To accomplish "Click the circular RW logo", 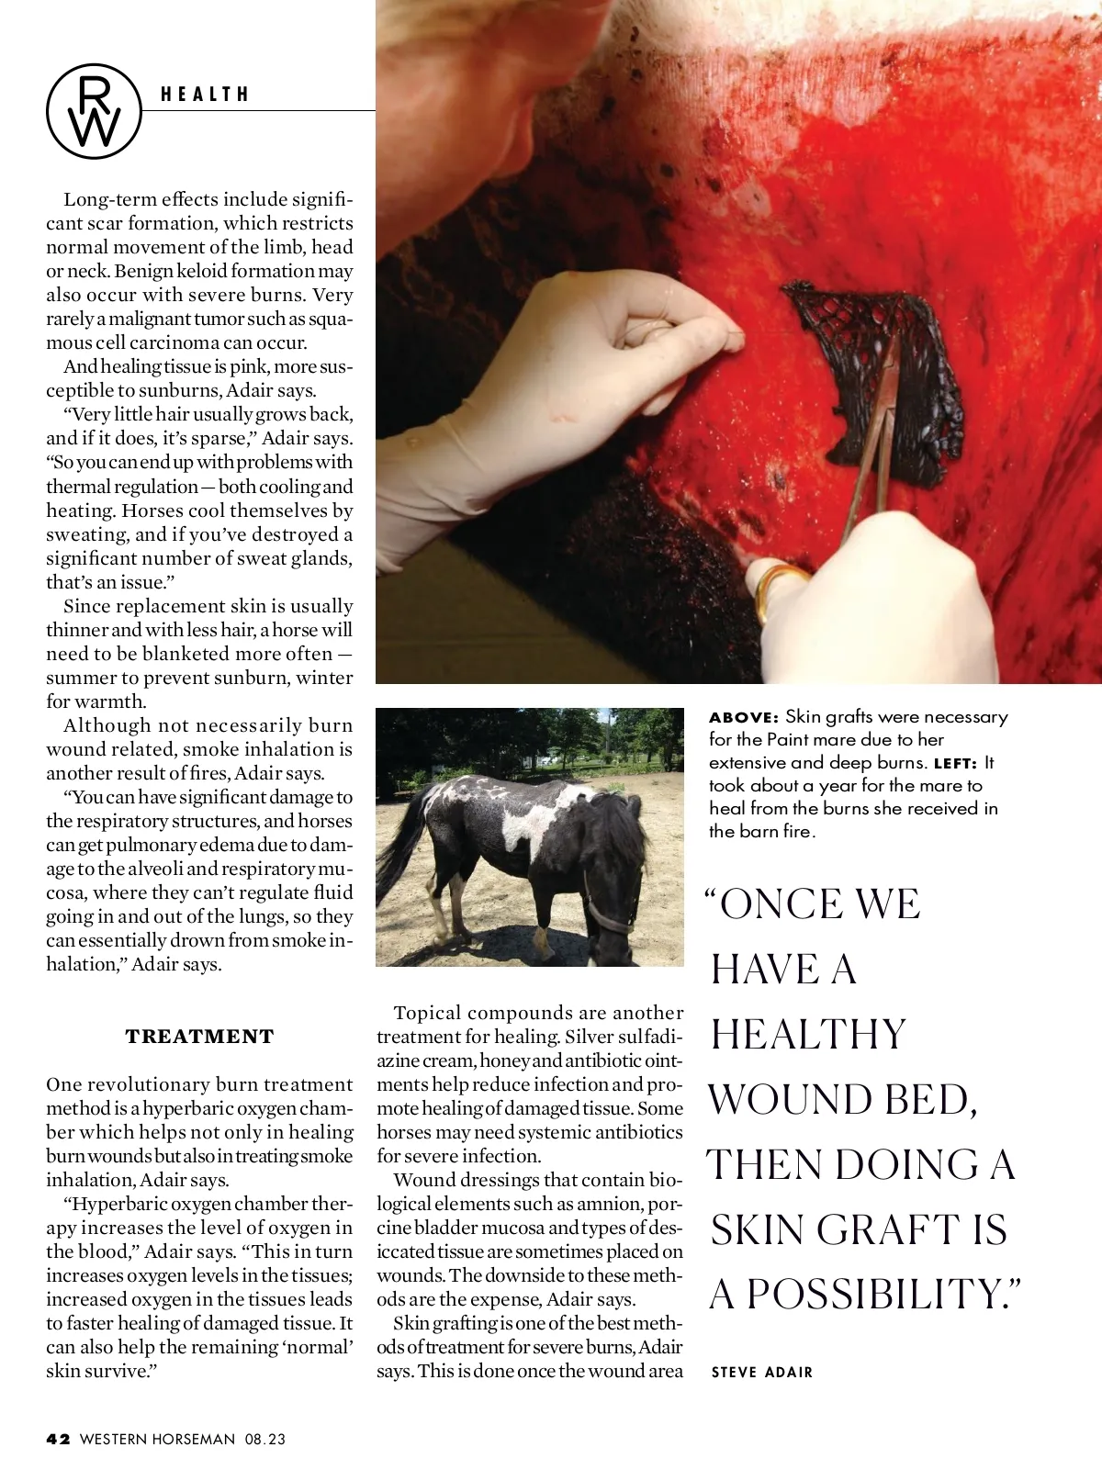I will [95, 112].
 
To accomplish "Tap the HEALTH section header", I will [205, 95].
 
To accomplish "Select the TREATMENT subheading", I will [199, 1037].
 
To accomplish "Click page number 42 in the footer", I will [58, 1439].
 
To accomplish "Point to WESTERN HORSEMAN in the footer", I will [157, 1439].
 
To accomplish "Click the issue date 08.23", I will [265, 1439].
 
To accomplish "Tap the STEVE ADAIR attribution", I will [762, 1372].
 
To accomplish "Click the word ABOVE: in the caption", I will [744, 717].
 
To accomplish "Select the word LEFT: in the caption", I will [955, 763].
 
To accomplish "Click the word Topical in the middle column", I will [426, 1013].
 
